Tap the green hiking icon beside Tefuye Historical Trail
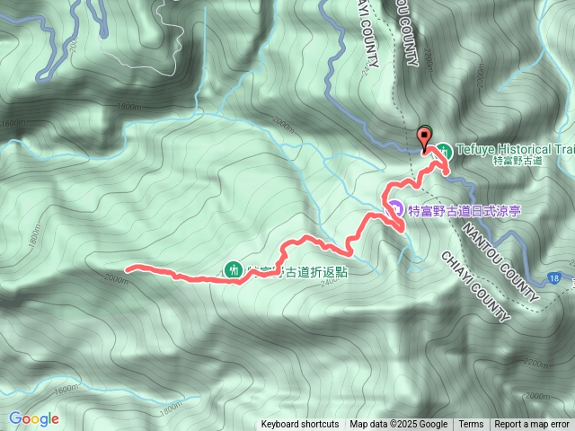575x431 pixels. click(x=447, y=150)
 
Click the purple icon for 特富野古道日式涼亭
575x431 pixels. click(x=395, y=211)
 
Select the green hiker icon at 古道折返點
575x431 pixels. click(x=234, y=269)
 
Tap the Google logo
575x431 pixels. click(x=34, y=418)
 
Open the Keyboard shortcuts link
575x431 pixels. click(x=300, y=424)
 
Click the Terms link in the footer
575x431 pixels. click(x=471, y=424)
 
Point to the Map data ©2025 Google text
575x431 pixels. click(x=398, y=424)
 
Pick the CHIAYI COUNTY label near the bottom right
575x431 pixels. click(x=476, y=286)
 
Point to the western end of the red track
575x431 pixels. click(x=128, y=268)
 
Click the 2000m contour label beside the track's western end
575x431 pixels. click(x=116, y=278)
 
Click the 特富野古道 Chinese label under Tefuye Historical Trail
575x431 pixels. click(x=518, y=162)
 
